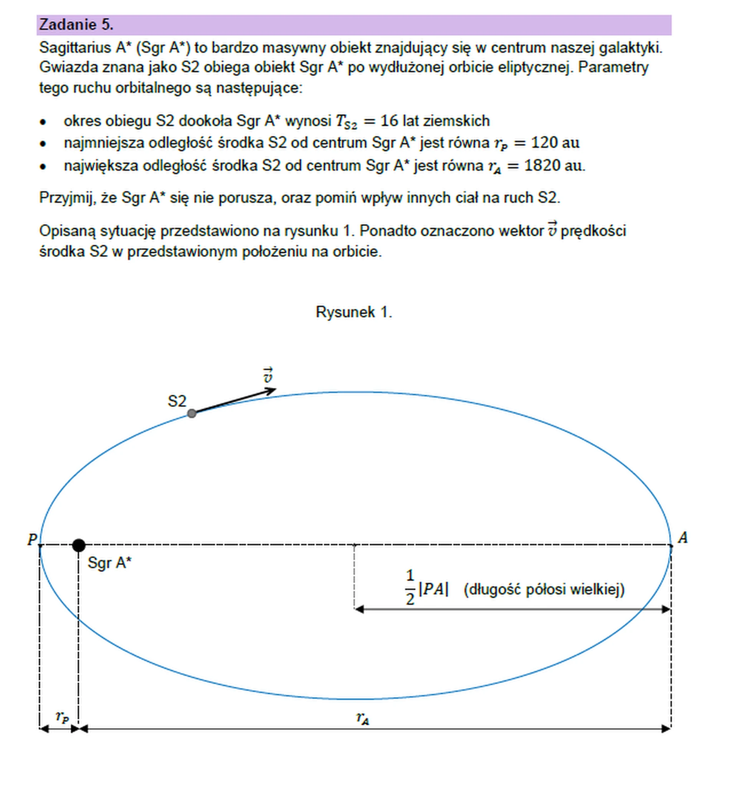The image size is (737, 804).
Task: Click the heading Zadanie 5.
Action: tap(76, 25)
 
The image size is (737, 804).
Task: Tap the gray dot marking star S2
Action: tap(192, 413)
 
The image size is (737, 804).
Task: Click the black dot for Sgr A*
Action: tap(79, 545)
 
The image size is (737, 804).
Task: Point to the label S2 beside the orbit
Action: tap(177, 401)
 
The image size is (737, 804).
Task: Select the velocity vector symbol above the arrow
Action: tap(268, 375)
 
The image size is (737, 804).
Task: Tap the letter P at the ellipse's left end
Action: tap(32, 540)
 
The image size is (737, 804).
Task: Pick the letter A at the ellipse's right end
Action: tap(683, 538)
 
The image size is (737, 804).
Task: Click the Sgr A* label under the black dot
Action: tap(109, 563)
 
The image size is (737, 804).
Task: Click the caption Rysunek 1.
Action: tap(354, 312)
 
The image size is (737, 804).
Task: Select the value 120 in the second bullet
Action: tap(544, 143)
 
